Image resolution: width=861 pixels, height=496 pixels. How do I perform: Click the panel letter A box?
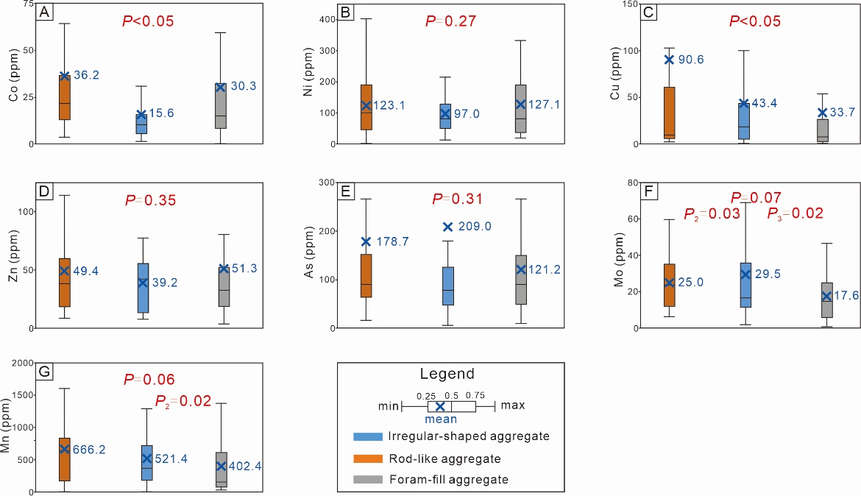pyautogui.click(x=44, y=12)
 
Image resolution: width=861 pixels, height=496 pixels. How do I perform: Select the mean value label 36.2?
pyautogui.click(x=86, y=75)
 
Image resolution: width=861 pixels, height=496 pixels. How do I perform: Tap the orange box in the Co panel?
pyautogui.click(x=65, y=97)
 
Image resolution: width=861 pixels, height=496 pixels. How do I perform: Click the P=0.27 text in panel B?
pyautogui.click(x=451, y=21)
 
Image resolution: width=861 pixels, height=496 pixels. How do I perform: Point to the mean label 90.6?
pyautogui.click(x=691, y=60)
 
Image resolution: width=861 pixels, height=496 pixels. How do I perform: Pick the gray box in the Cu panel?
pyautogui.click(x=822, y=131)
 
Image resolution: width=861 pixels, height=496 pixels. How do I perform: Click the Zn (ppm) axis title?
pyautogui.click(x=13, y=257)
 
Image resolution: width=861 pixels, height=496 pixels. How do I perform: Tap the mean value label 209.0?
pyautogui.click(x=474, y=227)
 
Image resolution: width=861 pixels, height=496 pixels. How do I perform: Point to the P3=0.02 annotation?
pyautogui.click(x=795, y=213)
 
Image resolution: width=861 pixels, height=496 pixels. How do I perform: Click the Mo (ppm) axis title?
pyautogui.click(x=619, y=260)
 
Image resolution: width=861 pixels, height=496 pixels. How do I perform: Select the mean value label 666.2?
pyautogui.click(x=89, y=450)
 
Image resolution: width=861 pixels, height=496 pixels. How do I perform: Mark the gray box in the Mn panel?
pyautogui.click(x=221, y=469)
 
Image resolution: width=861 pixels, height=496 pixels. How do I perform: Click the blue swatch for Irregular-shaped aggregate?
pyautogui.click(x=367, y=436)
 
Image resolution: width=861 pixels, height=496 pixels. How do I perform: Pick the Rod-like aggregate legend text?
pyautogui.click(x=444, y=458)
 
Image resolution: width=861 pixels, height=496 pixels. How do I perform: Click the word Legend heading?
pyautogui.click(x=447, y=374)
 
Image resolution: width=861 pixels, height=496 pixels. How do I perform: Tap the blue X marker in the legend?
pyautogui.click(x=440, y=406)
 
